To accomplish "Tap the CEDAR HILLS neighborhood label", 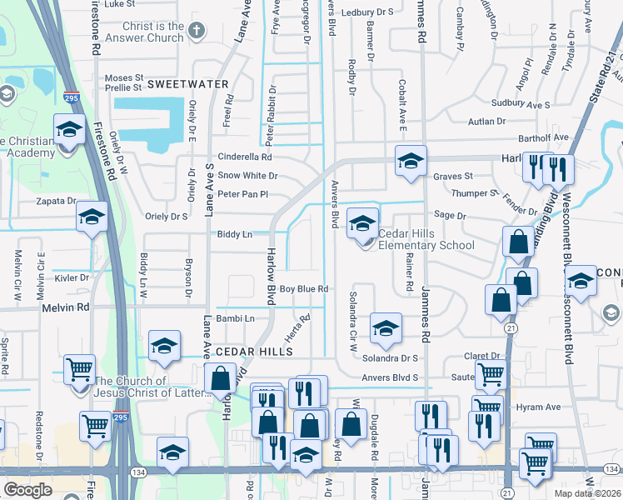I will coord(254,352).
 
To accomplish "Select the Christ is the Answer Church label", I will coord(142,32).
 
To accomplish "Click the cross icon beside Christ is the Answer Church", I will coord(197,32).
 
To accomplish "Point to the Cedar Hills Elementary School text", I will coord(426,240).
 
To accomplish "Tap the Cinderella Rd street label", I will coord(245,157).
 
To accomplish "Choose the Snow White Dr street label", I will coord(247,176).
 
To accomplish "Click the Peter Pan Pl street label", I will coord(243,194).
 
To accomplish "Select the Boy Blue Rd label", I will coord(303,289).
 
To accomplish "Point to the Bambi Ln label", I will coord(235,318).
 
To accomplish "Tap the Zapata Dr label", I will coord(55,201).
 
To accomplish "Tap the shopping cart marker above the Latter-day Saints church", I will coord(79,368).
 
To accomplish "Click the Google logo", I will coord(27,490).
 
